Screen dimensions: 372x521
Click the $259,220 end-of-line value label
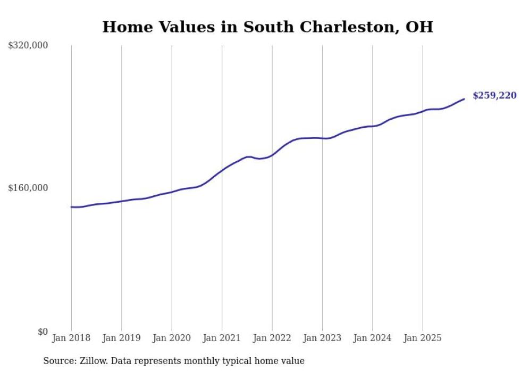point(494,96)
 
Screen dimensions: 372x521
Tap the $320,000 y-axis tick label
point(28,46)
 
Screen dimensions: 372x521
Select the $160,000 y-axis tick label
point(28,188)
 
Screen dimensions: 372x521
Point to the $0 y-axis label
point(43,332)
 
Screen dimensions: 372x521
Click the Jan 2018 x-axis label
point(71,338)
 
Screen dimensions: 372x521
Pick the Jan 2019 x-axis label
point(121,338)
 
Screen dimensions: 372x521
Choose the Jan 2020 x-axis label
point(172,338)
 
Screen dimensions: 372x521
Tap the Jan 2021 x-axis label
point(222,338)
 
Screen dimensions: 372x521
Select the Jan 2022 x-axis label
point(272,338)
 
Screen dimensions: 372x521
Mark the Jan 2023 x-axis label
point(322,338)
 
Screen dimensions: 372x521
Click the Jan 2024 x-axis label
point(372,338)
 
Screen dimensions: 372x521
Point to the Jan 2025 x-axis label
point(423,338)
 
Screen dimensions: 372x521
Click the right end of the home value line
point(464,99)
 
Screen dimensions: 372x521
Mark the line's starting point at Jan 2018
point(71,207)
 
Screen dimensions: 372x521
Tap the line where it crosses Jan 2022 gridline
point(272,155)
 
